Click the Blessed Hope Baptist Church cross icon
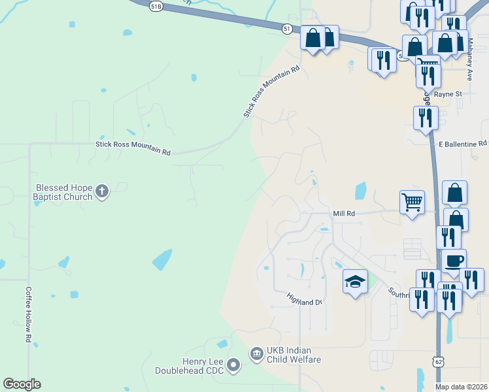[x=101, y=191]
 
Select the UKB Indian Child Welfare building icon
[x=256, y=355]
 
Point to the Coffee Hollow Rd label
[x=29, y=315]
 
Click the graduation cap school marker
[x=355, y=282]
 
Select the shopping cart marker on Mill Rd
[x=412, y=201]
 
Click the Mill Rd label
[x=343, y=213]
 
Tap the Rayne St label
[x=448, y=94]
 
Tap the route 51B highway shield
[x=155, y=5]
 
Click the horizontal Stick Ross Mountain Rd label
[x=133, y=147]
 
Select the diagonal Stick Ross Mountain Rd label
[x=271, y=91]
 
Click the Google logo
[x=22, y=384]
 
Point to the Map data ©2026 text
[x=462, y=387]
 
